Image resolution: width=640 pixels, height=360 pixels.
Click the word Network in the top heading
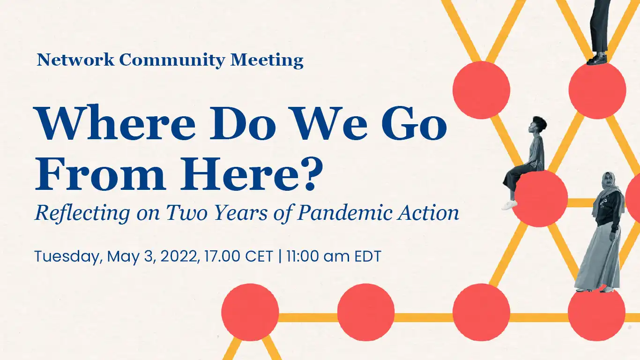(x=75, y=60)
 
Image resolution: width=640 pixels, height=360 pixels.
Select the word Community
(x=172, y=60)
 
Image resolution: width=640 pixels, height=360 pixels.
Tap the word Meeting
(x=267, y=60)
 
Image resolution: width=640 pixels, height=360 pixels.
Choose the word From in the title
(x=100, y=174)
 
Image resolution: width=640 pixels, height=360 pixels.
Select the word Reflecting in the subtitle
(x=82, y=213)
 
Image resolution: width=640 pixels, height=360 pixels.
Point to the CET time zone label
(x=259, y=256)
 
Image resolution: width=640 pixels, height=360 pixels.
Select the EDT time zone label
(x=368, y=256)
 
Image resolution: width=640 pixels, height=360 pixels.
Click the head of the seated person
(x=537, y=125)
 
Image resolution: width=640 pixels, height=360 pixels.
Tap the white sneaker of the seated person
(x=509, y=205)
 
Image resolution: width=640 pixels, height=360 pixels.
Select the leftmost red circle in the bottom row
(x=250, y=312)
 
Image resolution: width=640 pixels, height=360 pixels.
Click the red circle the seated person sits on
(x=539, y=198)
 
